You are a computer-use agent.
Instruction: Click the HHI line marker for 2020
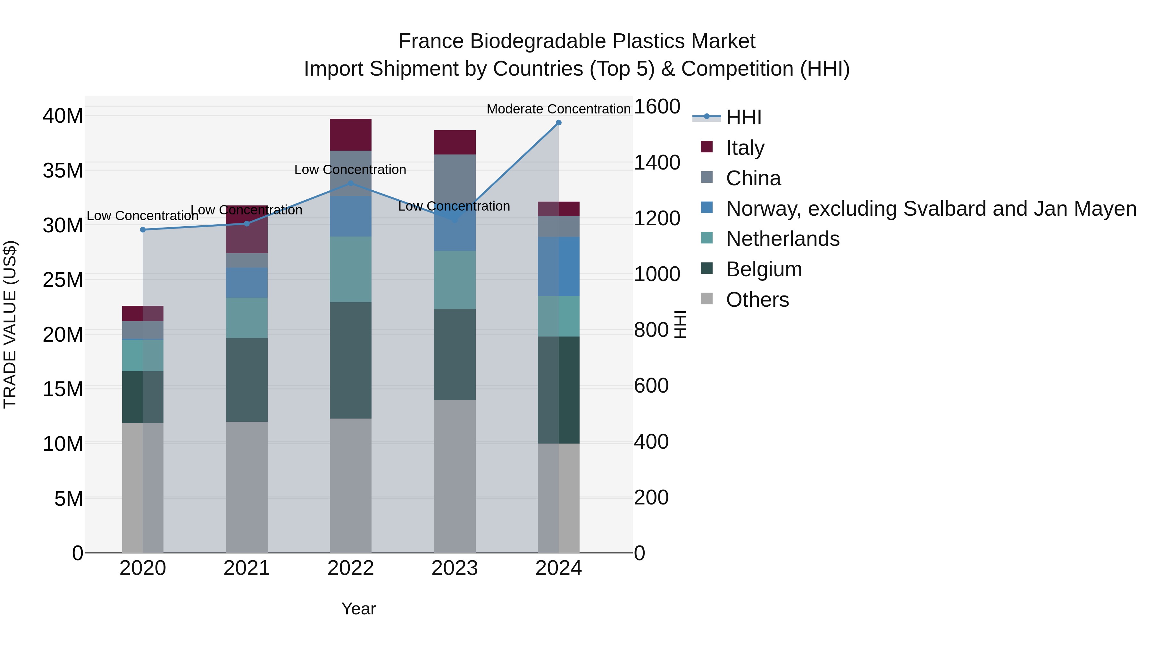[143, 230]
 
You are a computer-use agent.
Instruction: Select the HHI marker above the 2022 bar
[351, 183]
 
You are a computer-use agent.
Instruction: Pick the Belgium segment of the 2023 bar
[455, 354]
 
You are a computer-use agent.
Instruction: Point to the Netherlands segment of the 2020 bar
[143, 355]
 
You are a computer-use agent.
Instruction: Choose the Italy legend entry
[745, 148]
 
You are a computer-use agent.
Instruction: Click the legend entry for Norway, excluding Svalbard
[931, 209]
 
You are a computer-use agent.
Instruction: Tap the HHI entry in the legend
[744, 117]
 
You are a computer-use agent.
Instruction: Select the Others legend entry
[757, 300]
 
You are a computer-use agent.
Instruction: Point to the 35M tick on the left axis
[63, 171]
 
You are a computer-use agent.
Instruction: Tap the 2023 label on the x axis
[455, 568]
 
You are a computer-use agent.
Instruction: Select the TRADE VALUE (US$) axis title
[10, 324]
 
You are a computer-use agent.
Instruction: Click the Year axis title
[358, 609]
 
